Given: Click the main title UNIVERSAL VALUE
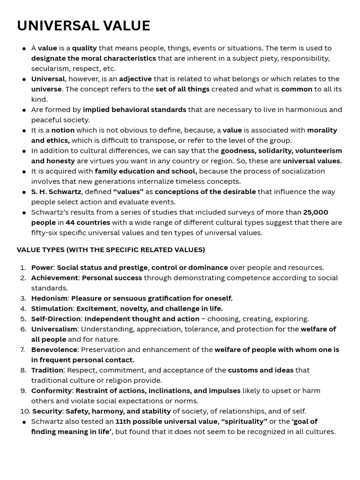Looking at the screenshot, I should click(x=83, y=26).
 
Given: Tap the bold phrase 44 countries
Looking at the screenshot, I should click(x=88, y=223).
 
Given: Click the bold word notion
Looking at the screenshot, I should click(x=63, y=130).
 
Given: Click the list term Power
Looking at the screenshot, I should click(x=42, y=268).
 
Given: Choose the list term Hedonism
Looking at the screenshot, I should click(x=49, y=299).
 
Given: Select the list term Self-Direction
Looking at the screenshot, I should click(x=56, y=319).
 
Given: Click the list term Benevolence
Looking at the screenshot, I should click(x=54, y=350).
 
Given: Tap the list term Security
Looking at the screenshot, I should click(x=47, y=412).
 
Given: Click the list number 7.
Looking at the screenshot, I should click(x=22, y=350).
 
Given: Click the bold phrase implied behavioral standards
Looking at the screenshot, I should click(x=134, y=110).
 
